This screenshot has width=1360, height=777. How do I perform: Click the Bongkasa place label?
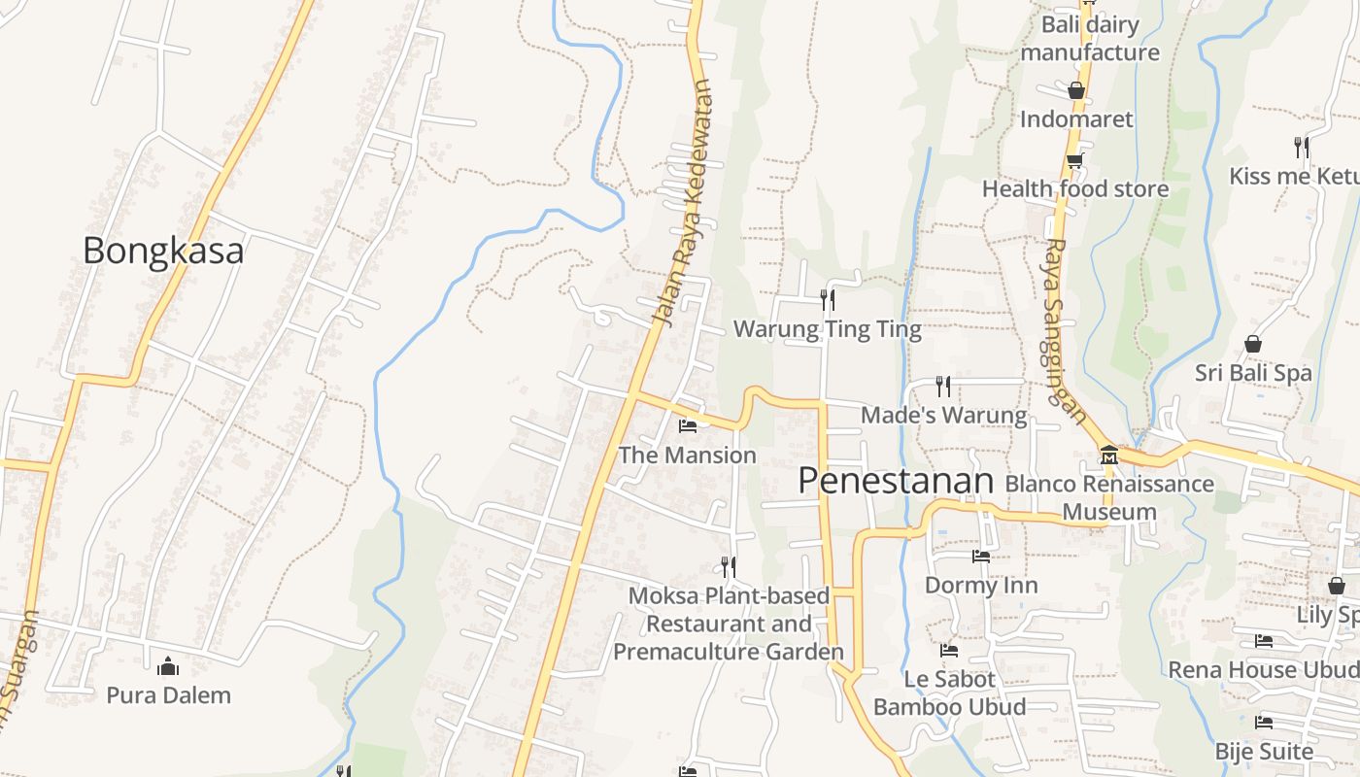(163, 251)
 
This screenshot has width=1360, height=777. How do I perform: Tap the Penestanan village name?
(897, 481)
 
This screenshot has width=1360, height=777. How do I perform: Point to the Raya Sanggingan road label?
(1065, 330)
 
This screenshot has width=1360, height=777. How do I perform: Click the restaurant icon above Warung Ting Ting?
(827, 299)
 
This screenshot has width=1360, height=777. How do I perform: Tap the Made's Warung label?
(943, 416)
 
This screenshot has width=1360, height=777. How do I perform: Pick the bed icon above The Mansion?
(688, 425)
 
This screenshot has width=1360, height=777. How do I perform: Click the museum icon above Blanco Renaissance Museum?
(1108, 455)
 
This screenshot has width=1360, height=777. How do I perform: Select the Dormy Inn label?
(981, 585)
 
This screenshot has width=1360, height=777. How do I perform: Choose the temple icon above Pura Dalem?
(168, 666)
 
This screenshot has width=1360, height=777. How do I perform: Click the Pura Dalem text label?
(169, 695)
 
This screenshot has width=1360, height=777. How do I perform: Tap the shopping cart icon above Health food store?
(1074, 160)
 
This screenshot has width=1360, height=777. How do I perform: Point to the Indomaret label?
(1076, 119)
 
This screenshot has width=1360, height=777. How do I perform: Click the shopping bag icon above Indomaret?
(1075, 90)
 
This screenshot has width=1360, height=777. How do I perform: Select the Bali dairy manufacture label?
(1090, 38)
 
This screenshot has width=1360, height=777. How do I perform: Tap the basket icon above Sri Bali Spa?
(1253, 344)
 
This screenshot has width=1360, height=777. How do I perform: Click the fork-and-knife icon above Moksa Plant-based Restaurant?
(728, 565)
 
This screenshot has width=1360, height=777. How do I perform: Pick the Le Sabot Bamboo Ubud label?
(949, 693)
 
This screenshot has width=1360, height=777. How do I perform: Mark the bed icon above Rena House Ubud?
(1264, 640)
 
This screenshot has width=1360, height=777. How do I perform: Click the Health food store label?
(1075, 188)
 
